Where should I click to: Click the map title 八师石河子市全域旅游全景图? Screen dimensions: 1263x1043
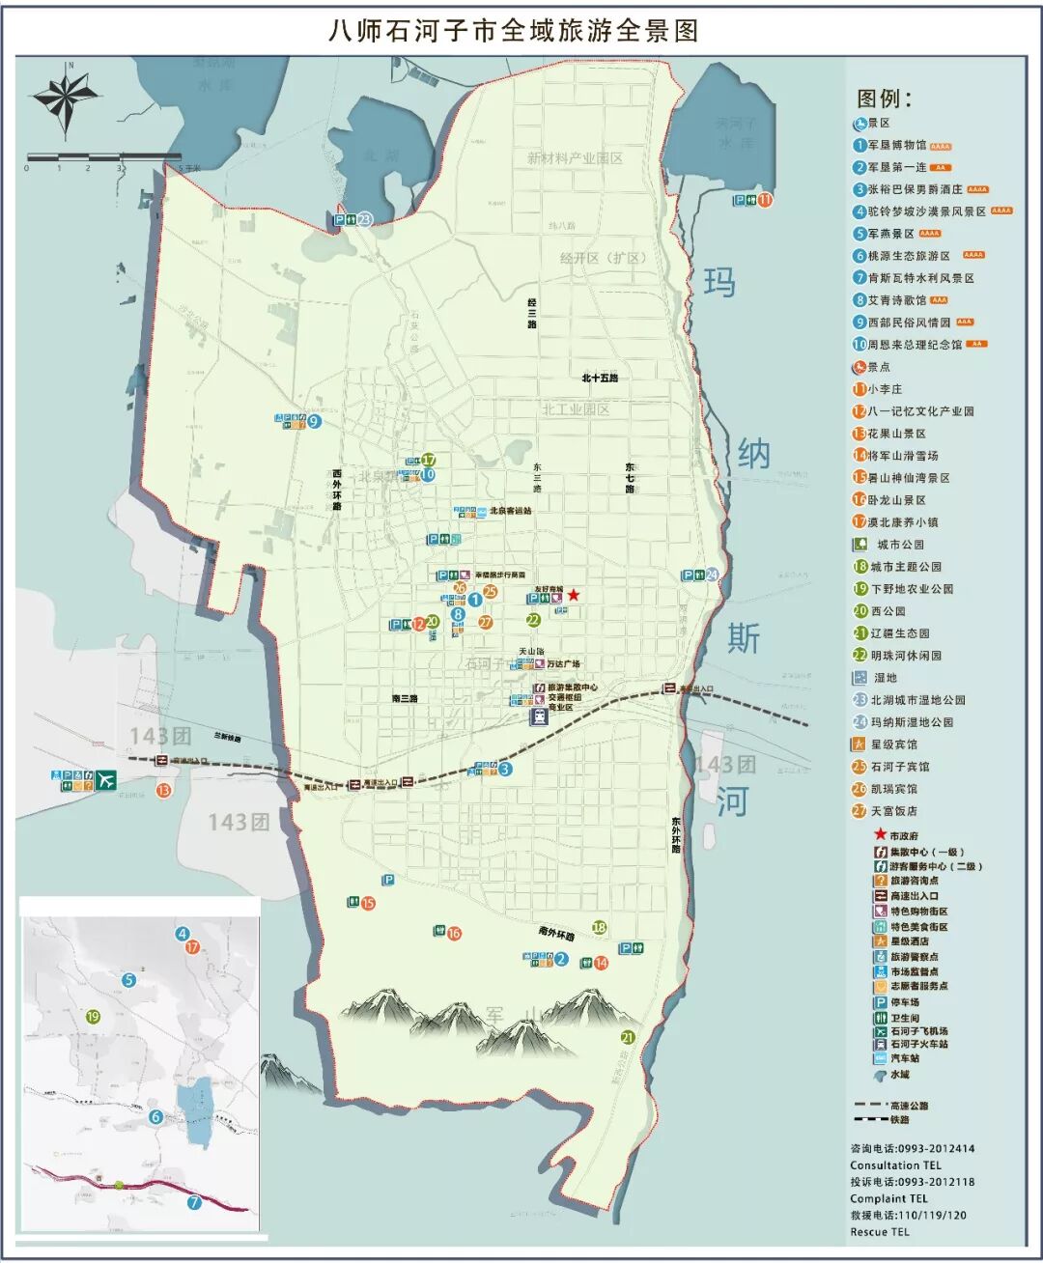point(513,31)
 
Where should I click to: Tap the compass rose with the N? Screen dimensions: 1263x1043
point(66,97)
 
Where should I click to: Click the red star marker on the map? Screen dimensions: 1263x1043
point(574,595)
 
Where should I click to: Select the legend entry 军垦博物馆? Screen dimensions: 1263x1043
point(896,145)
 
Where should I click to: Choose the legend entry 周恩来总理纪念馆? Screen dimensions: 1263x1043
point(914,344)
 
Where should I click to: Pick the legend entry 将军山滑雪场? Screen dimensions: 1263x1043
point(902,455)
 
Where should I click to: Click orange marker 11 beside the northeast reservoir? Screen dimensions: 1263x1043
point(765,200)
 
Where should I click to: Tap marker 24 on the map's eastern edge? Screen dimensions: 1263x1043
point(712,575)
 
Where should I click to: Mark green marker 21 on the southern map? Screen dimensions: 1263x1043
point(628,1038)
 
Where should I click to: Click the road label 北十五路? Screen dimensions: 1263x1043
point(600,378)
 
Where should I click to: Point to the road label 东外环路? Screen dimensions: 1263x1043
point(676,835)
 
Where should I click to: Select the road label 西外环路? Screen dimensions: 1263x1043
point(337,490)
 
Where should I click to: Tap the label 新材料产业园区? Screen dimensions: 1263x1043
point(575,158)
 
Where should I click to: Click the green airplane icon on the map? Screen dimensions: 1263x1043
point(105,780)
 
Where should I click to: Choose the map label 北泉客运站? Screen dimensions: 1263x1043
point(510,511)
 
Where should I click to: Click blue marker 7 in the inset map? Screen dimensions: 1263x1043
point(194,1202)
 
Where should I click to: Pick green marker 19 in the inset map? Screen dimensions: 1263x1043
point(93,1017)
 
